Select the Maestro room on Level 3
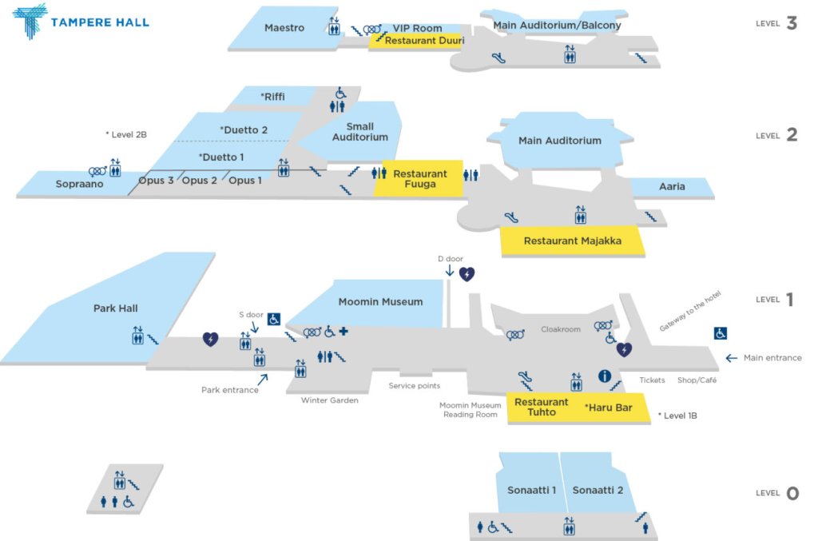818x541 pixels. coord(284,28)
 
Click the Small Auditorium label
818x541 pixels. coord(360,132)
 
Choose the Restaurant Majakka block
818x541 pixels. coord(572,241)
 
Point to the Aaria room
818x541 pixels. coord(672,187)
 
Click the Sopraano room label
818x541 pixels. coord(79,184)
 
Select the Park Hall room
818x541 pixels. coord(116,308)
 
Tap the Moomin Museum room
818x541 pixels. coord(379,302)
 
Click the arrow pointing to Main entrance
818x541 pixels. coord(731,358)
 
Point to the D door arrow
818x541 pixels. coord(450,271)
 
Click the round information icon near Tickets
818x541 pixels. coord(605,376)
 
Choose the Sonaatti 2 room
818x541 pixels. coord(598,490)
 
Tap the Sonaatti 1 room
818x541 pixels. coord(531,490)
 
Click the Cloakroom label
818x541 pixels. coord(560,329)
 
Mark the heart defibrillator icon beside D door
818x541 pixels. coord(467,274)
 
